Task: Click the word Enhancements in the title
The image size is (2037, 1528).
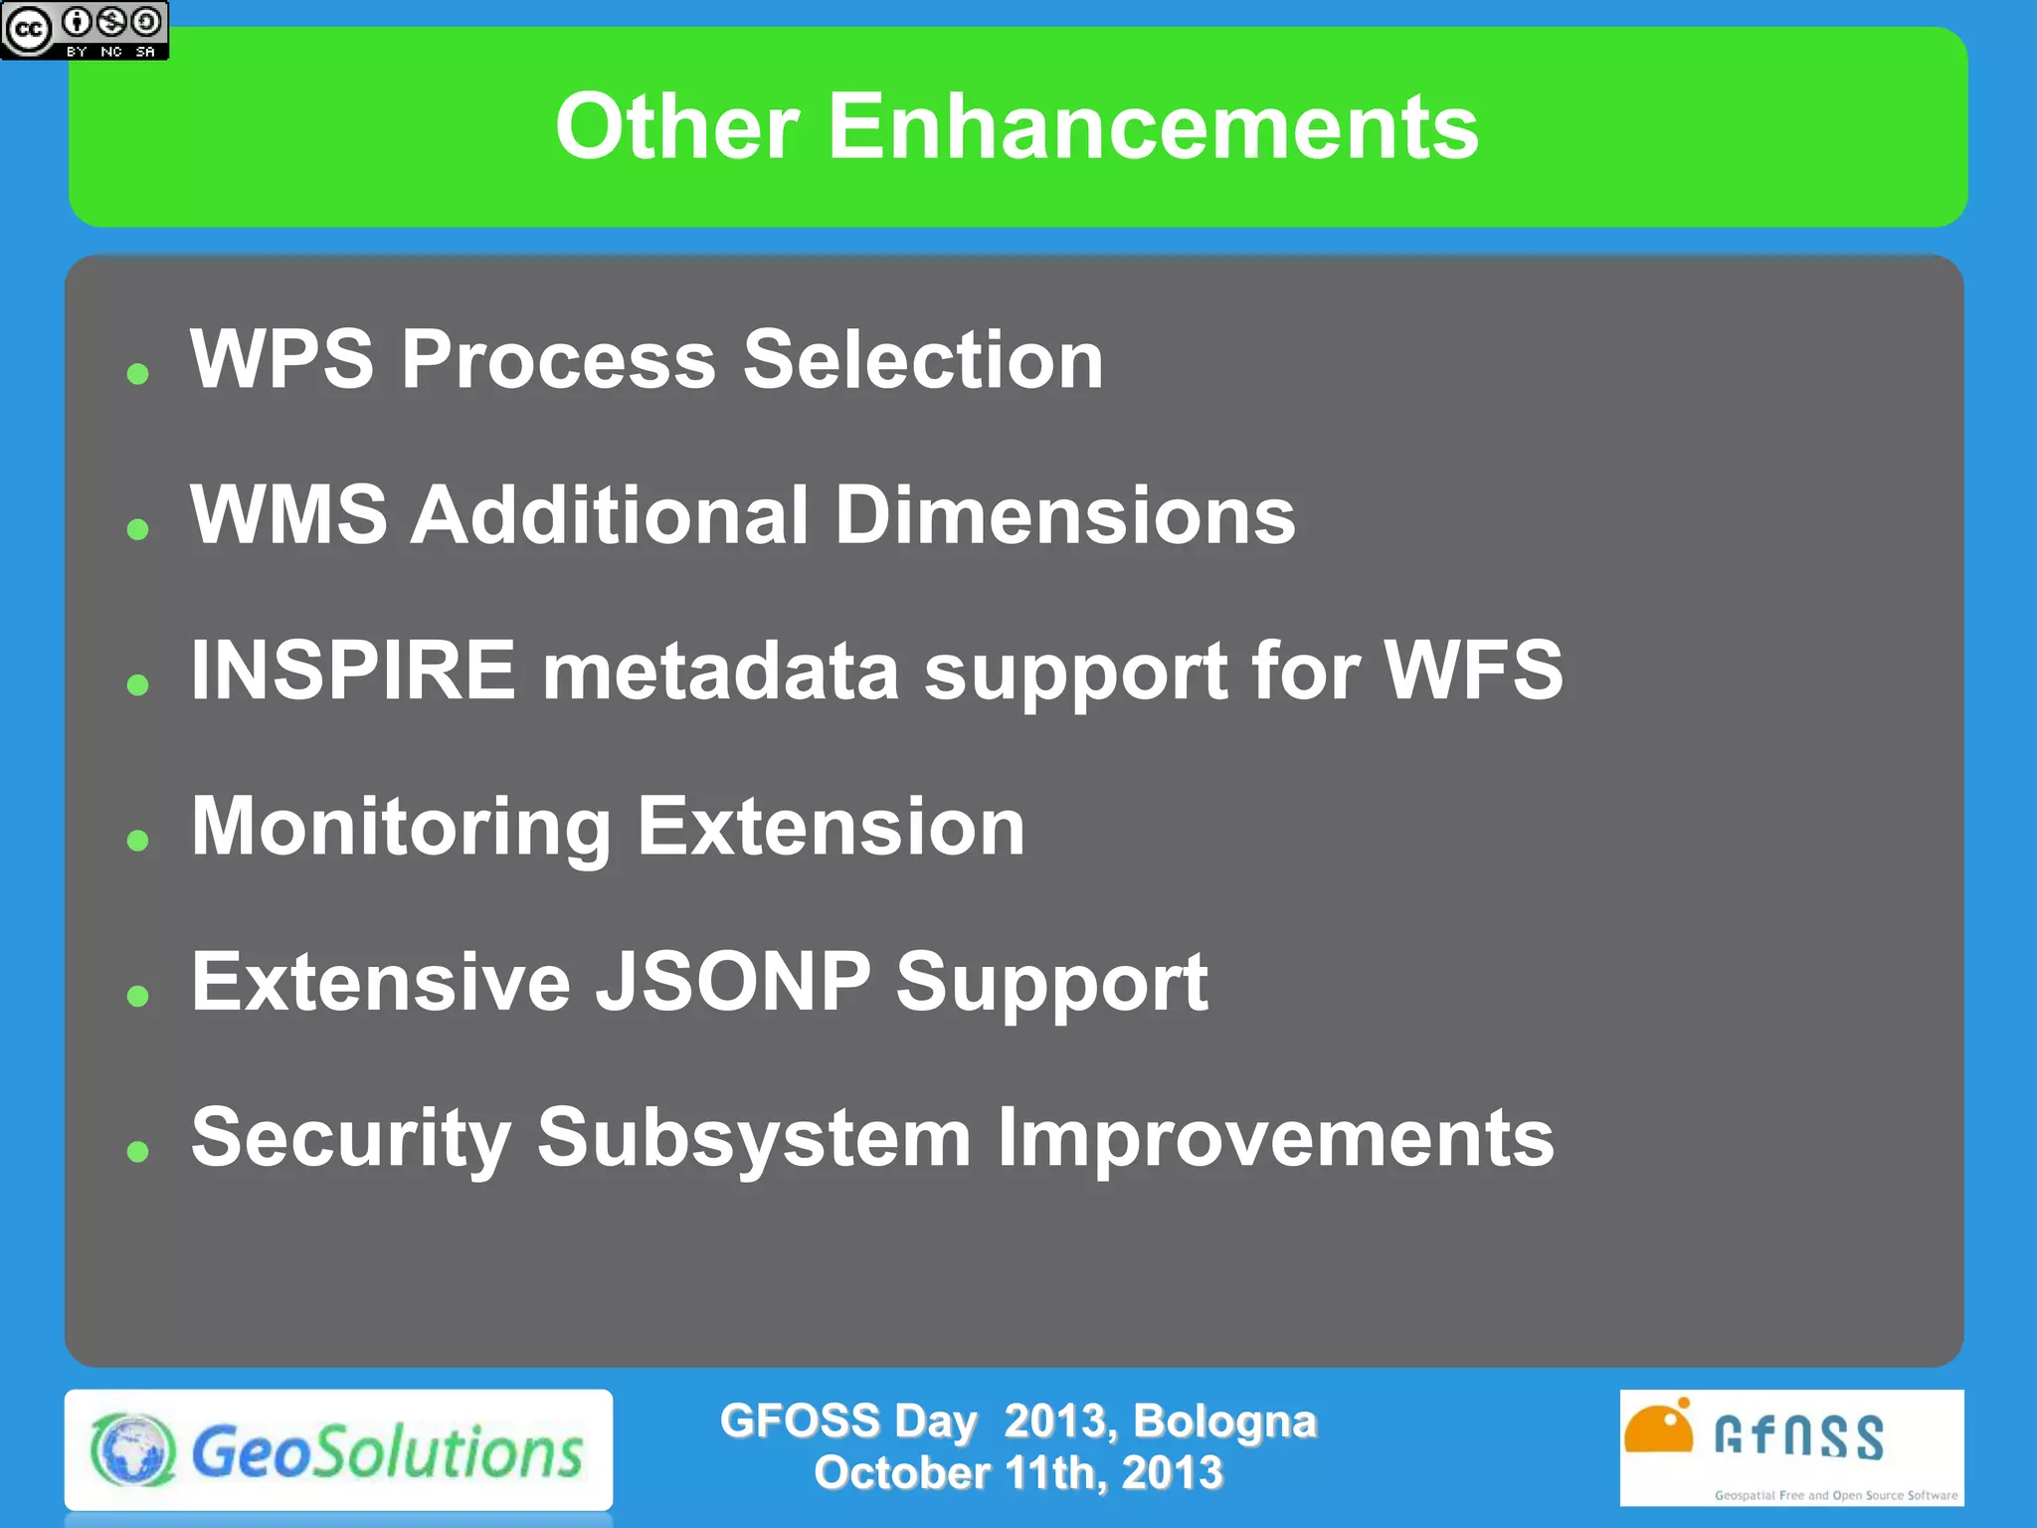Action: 1153,126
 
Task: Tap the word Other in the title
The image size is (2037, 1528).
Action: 676,126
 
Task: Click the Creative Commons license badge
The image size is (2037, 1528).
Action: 85,30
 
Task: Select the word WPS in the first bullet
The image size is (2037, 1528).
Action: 282,359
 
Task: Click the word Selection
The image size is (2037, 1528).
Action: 923,359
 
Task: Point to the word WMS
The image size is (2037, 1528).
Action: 288,515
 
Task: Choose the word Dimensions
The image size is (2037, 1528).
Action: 1064,515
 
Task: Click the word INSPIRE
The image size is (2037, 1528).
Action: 353,670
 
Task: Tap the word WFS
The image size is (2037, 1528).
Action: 1473,670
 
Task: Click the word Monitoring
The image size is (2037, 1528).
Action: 401,828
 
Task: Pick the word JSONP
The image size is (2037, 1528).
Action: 733,982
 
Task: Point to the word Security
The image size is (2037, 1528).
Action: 351,1138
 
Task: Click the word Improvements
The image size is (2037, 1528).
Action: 1275,1138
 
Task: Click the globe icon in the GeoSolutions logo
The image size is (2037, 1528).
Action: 133,1450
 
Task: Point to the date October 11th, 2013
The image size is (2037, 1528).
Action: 1018,1473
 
